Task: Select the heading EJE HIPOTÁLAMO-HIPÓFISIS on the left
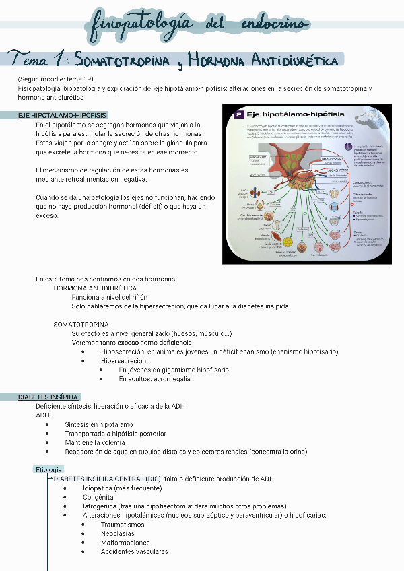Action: pyautogui.click(x=62, y=115)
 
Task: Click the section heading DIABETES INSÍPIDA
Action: pyautogui.click(x=48, y=397)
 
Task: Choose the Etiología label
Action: pyautogui.click(x=48, y=469)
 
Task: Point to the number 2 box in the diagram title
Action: pyautogui.click(x=238, y=115)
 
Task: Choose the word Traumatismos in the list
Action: pyautogui.click(x=123, y=524)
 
